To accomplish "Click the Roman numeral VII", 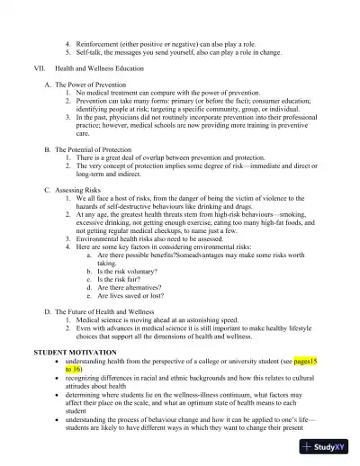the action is pyautogui.click(x=39, y=67).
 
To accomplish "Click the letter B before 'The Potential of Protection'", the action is pyautogui.click(x=46, y=148).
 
